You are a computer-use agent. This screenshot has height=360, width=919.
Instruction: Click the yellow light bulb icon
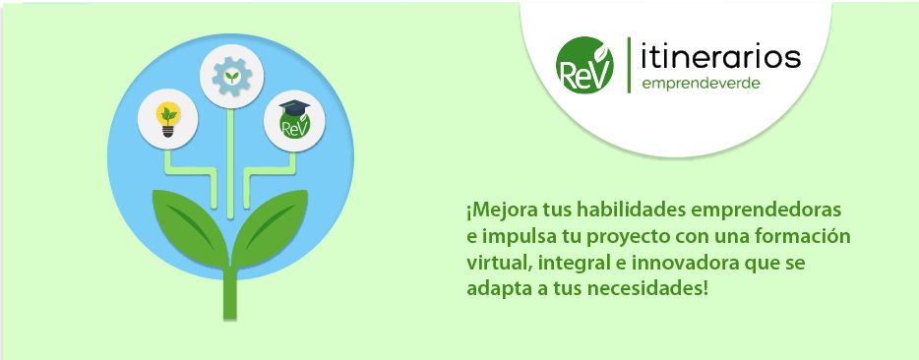[x=168, y=119]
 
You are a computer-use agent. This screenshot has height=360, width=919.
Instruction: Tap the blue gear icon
[x=231, y=76]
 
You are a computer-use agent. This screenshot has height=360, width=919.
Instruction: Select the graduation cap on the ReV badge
[x=294, y=107]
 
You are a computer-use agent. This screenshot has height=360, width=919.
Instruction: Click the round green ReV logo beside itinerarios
[x=584, y=65]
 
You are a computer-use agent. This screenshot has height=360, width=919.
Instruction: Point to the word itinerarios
[x=721, y=57]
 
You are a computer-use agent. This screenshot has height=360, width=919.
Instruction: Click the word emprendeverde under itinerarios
[x=701, y=84]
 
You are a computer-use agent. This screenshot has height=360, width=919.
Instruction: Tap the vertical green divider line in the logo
[x=629, y=65]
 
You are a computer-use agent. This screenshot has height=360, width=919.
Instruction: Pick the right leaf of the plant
[x=271, y=225]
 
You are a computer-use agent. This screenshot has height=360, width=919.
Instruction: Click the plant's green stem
[x=230, y=293]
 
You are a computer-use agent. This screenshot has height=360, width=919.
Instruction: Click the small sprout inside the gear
[x=232, y=76]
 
